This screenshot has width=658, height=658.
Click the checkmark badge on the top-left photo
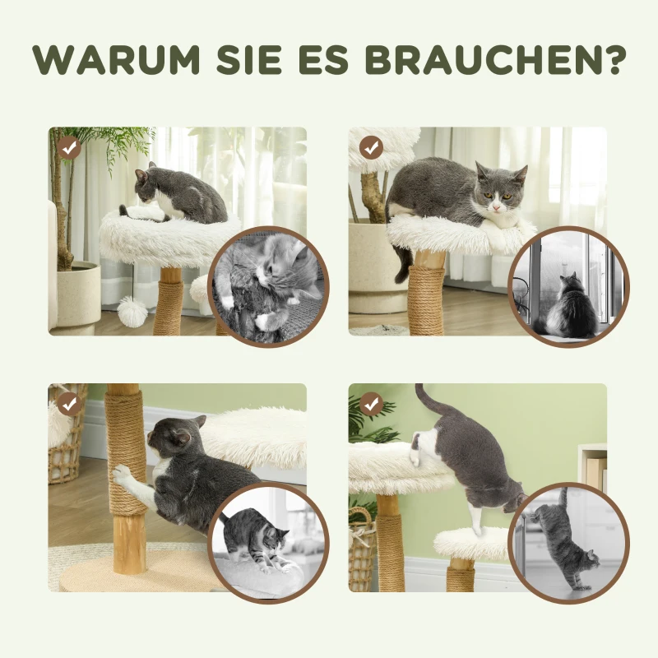(69, 147)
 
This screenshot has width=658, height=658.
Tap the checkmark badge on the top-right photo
(371, 147)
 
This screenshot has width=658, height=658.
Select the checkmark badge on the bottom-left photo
(69, 404)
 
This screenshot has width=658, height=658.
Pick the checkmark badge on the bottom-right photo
(371, 404)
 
